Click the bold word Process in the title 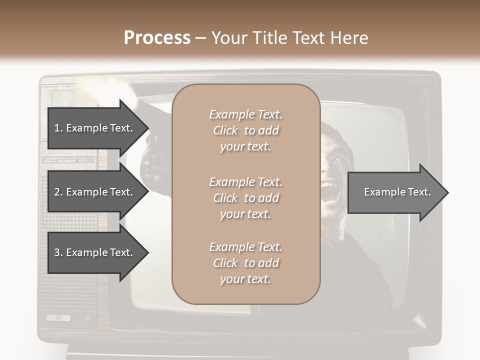coord(157,38)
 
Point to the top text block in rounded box coord(245,130)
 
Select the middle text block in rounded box coord(245,198)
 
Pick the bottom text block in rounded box coord(245,263)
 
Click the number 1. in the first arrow coord(58,128)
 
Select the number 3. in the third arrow coord(58,252)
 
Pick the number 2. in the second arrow coord(58,192)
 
